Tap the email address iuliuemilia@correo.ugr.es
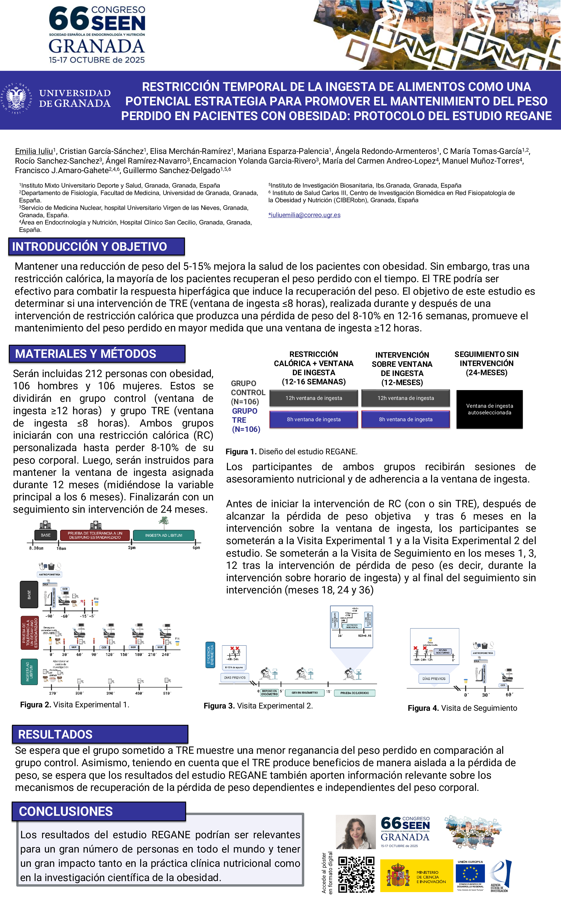(x=304, y=215)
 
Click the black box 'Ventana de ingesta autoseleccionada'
(x=489, y=409)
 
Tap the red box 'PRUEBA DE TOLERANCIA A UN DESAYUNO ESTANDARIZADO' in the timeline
(x=95, y=535)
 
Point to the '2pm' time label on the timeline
(x=132, y=548)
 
